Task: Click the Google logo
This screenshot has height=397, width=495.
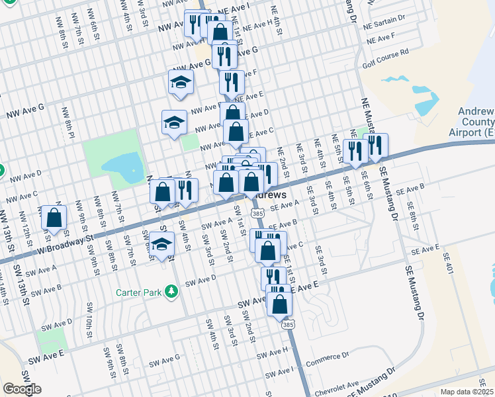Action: (22, 389)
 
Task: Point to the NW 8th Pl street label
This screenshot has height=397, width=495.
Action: (67, 123)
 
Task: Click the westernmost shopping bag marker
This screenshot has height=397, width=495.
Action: (54, 218)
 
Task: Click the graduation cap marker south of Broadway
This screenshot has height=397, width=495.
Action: (161, 244)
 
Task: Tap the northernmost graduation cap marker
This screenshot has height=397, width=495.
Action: (179, 83)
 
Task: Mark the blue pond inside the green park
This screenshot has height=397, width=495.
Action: (124, 167)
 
